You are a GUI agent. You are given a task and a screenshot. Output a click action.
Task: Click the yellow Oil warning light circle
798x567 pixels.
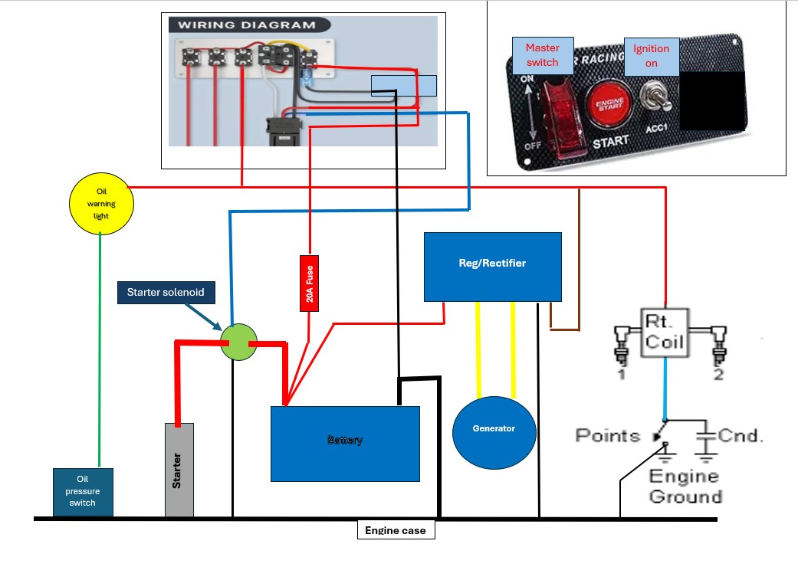[x=102, y=203]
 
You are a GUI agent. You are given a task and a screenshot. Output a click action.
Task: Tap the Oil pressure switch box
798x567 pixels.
[x=83, y=492]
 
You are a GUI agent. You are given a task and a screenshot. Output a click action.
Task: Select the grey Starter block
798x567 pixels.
[x=179, y=470]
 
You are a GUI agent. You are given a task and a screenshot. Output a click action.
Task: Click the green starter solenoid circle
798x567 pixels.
[x=238, y=342]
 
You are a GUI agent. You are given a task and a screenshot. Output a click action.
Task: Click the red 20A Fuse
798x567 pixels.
[x=309, y=283]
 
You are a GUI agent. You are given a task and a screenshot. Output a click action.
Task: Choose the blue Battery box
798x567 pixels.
[x=345, y=443]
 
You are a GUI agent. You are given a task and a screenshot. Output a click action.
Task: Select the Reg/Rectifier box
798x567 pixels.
[x=493, y=266]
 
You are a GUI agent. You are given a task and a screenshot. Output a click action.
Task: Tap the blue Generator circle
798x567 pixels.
[x=494, y=428]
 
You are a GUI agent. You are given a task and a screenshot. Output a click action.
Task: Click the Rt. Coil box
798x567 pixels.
[x=665, y=332]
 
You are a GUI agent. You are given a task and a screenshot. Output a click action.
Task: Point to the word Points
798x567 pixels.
[x=608, y=436]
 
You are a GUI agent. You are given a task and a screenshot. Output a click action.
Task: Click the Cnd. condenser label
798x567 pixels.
[x=741, y=436]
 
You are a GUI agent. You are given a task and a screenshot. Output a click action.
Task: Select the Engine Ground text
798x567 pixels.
[x=685, y=487]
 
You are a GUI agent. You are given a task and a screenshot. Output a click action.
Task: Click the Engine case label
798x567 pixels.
[x=396, y=530]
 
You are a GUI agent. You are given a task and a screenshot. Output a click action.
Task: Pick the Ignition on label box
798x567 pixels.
[x=651, y=55]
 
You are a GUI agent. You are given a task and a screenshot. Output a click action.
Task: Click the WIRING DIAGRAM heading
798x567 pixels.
[x=247, y=25]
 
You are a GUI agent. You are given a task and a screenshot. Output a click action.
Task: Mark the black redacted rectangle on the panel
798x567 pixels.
[x=712, y=97]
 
